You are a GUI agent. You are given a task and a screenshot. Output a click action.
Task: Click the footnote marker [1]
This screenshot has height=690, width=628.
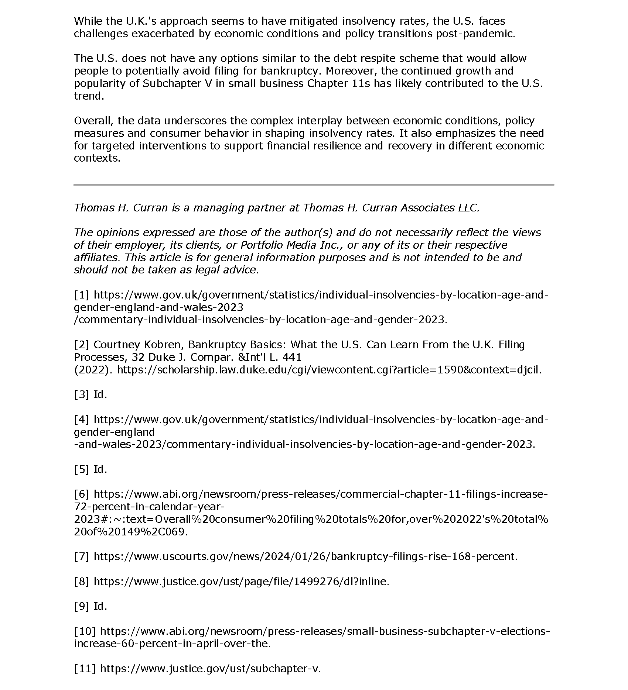coord(81,295)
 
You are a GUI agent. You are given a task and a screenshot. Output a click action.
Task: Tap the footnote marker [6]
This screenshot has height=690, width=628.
coord(81,494)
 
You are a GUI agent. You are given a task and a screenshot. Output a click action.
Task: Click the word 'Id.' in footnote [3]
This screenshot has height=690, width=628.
coord(100,394)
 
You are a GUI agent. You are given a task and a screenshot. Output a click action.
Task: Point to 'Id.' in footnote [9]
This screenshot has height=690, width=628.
coord(100,606)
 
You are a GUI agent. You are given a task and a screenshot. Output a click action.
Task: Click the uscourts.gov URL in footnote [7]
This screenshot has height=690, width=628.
coord(305,556)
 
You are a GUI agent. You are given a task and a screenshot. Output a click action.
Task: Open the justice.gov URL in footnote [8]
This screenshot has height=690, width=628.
coord(241,582)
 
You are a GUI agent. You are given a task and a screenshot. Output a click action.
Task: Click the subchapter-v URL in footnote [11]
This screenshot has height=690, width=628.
coord(210,669)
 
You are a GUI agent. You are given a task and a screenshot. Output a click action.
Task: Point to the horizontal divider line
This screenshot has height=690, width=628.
coord(314,184)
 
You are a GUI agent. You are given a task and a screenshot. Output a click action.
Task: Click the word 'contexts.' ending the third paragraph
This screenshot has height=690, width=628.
coord(97,158)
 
